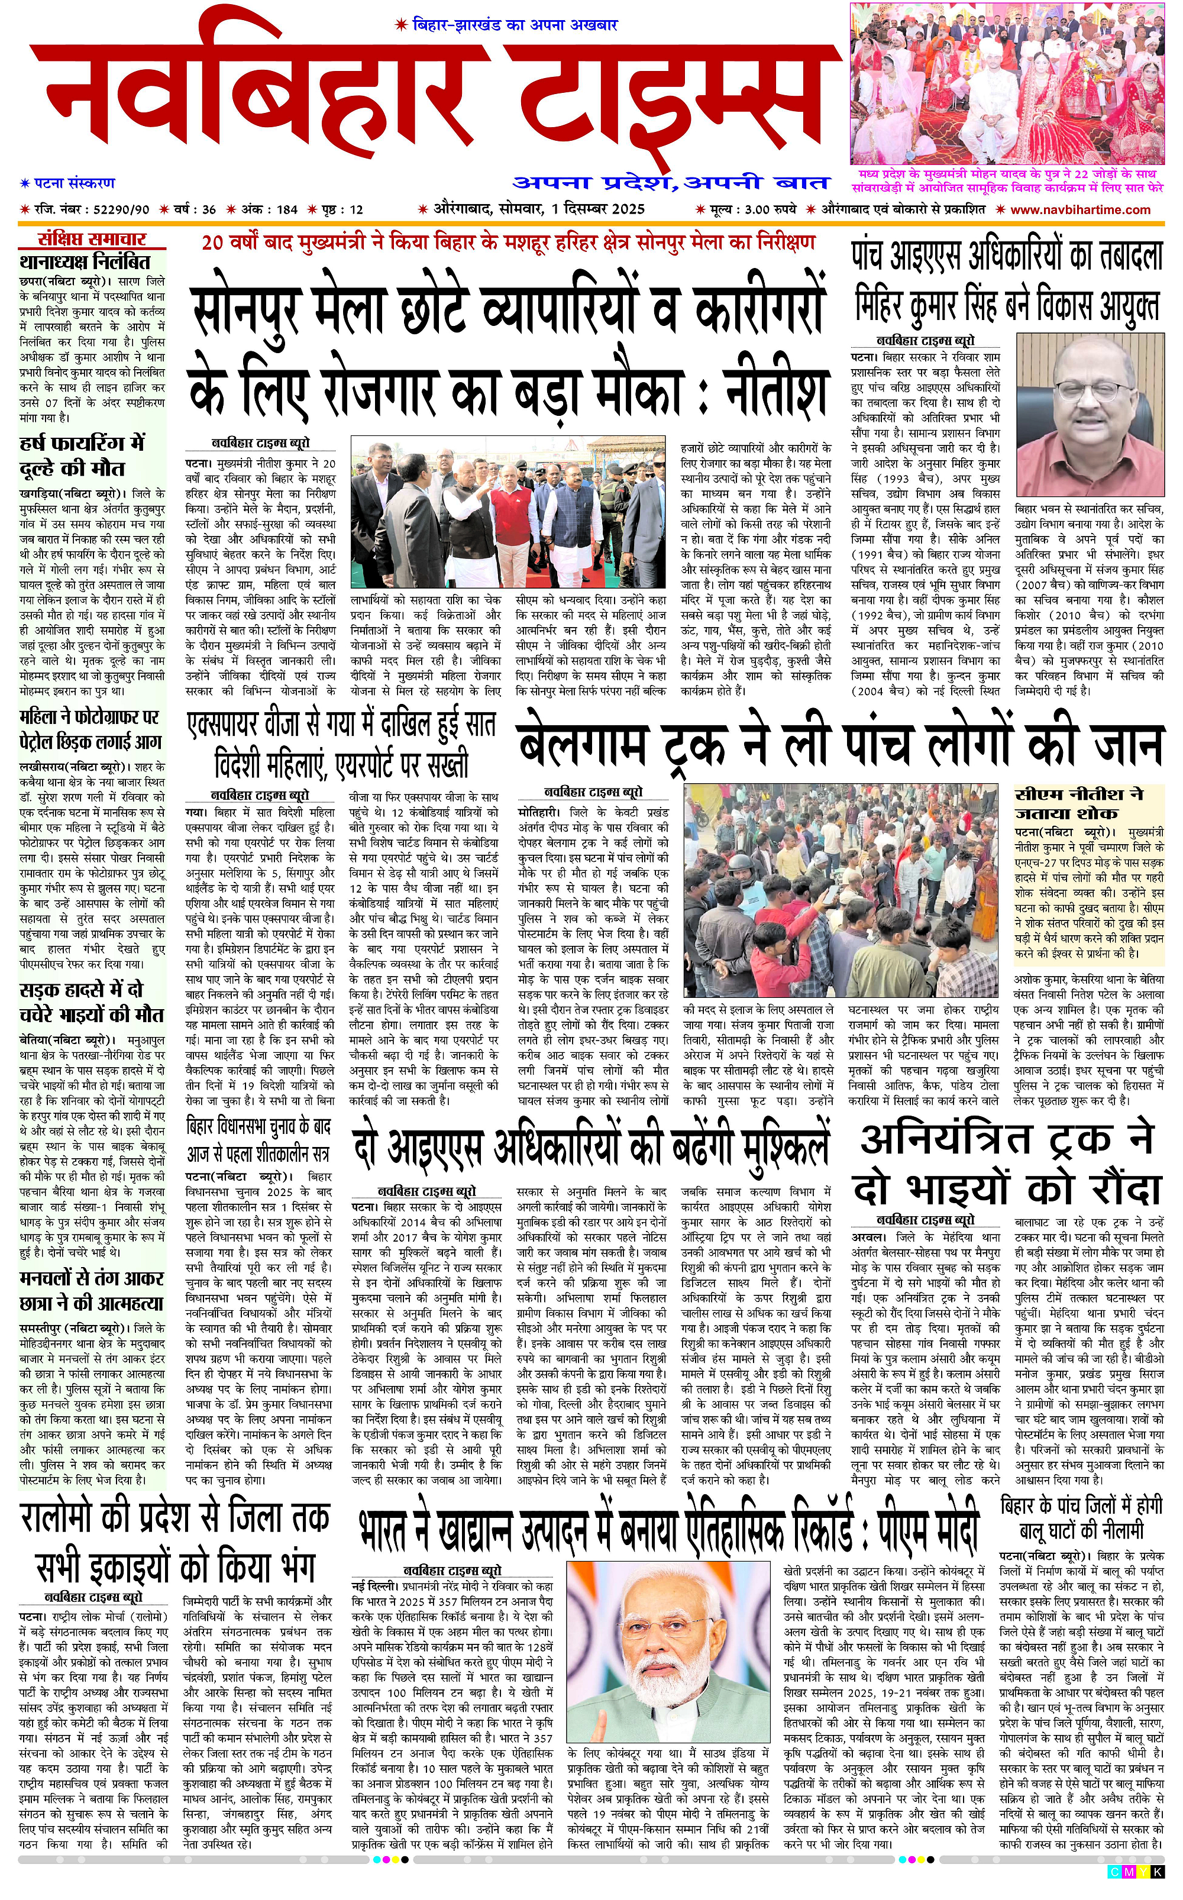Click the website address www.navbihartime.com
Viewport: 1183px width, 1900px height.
point(1079,209)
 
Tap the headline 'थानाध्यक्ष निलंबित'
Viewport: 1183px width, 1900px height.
point(85,261)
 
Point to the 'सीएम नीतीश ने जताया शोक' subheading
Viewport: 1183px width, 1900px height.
point(1079,803)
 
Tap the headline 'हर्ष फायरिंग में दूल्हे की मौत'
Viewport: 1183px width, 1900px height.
point(82,456)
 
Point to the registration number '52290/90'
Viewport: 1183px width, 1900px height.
point(121,209)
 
